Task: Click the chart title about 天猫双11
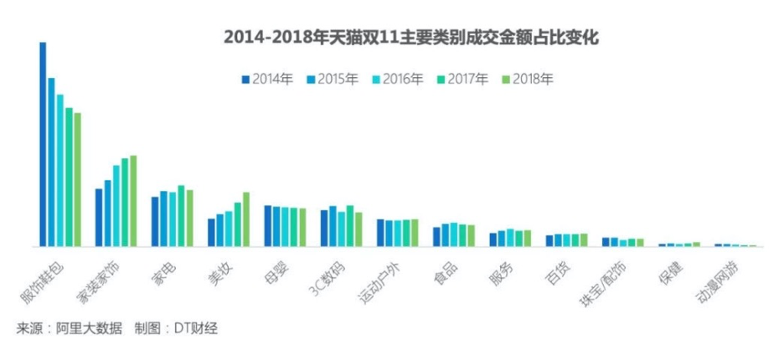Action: [411, 38]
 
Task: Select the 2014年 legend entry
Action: [267, 80]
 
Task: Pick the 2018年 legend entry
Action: [528, 80]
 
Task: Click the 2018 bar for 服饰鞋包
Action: [78, 179]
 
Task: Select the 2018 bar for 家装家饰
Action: [133, 201]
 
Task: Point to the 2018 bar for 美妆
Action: [246, 219]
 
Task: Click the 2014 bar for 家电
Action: [155, 222]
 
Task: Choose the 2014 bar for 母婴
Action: [268, 226]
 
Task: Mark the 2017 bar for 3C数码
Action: [350, 226]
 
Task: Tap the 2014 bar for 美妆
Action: [211, 233]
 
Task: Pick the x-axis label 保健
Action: [671, 273]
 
